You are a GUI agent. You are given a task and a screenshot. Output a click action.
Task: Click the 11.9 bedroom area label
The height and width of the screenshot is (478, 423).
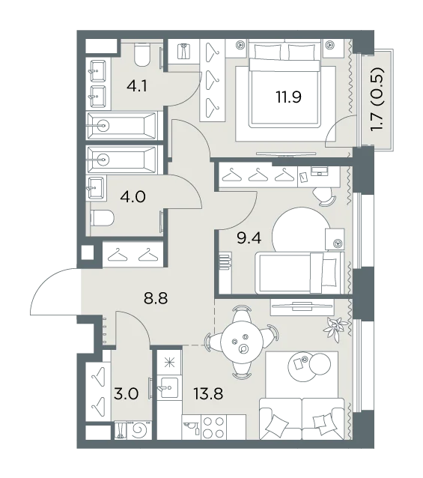tap(288, 97)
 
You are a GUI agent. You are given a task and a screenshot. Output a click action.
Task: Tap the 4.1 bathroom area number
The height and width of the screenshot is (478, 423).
tap(137, 86)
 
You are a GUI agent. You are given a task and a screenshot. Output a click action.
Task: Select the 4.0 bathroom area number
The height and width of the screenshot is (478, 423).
tap(133, 196)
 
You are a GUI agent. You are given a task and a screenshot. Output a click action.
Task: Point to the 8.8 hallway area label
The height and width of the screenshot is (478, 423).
tap(156, 298)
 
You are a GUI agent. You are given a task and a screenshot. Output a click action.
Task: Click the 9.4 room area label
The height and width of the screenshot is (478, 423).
tap(249, 238)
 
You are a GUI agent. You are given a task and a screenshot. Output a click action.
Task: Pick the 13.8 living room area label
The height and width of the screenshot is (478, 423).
tap(209, 393)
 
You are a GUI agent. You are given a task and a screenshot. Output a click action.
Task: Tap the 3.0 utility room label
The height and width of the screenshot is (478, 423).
tap(126, 393)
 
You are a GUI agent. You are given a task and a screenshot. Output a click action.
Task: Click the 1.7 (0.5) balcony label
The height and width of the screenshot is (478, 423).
tap(377, 100)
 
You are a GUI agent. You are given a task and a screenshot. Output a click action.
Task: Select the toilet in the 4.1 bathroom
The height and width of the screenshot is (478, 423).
tap(142, 55)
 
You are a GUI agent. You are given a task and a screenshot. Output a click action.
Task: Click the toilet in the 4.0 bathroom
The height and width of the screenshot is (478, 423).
tap(102, 218)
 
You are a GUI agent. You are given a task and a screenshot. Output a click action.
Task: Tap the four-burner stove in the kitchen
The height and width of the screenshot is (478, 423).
tap(213, 427)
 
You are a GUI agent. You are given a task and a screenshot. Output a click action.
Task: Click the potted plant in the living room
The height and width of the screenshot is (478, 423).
tap(335, 329)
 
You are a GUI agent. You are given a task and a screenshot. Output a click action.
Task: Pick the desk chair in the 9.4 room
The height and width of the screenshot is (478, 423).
tap(324, 197)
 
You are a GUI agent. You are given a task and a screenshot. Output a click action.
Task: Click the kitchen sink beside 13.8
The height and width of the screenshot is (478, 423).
tap(169, 387)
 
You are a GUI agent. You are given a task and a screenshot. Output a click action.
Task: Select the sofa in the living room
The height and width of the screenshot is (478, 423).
tap(302, 419)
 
